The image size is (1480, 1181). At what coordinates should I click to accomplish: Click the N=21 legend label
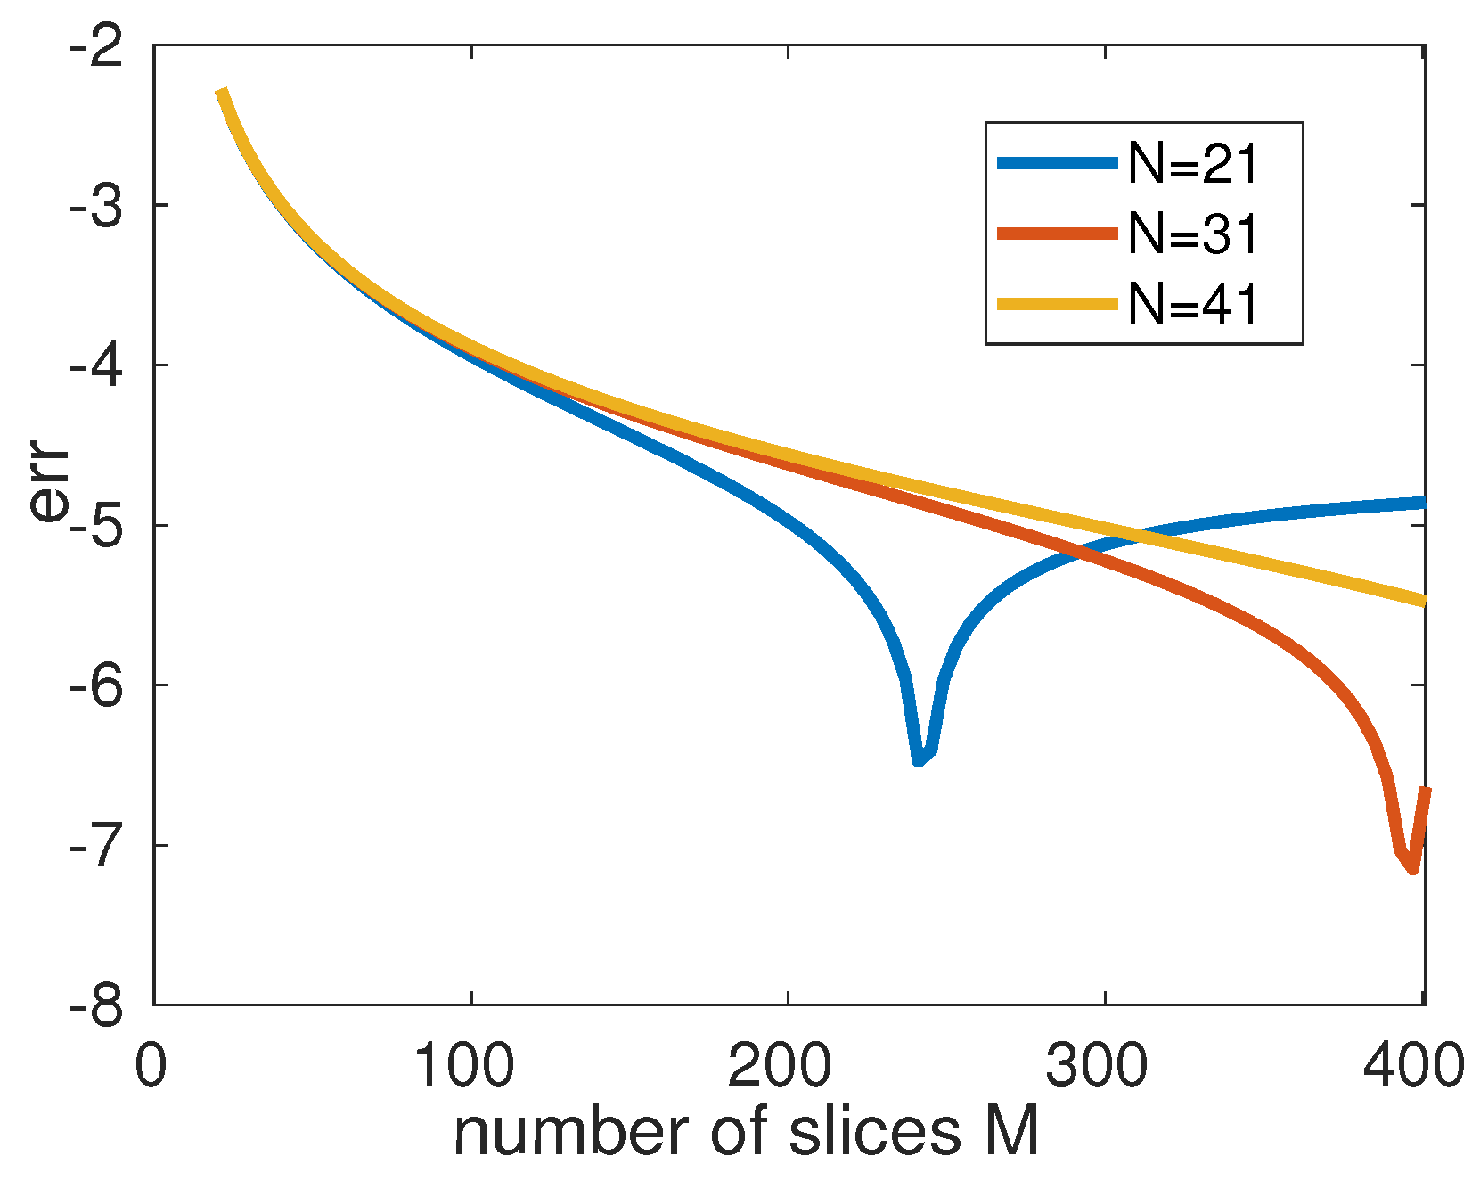[x=1194, y=163]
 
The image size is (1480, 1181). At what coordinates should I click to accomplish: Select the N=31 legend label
[x=1194, y=234]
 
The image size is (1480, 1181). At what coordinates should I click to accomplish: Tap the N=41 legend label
[x=1194, y=305]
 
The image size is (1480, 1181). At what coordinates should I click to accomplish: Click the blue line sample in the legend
[x=1057, y=163]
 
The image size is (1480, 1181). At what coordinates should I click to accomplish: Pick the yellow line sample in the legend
[x=1057, y=305]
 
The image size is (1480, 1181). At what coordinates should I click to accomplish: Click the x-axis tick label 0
[x=151, y=1065]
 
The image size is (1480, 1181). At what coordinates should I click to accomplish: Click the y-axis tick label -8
[x=95, y=1005]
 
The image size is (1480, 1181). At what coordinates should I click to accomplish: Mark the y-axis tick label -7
[x=95, y=846]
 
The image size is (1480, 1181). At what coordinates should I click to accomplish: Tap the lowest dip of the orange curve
[x=1413, y=868]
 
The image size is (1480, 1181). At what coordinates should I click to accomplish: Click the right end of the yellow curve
[x=1424, y=602]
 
